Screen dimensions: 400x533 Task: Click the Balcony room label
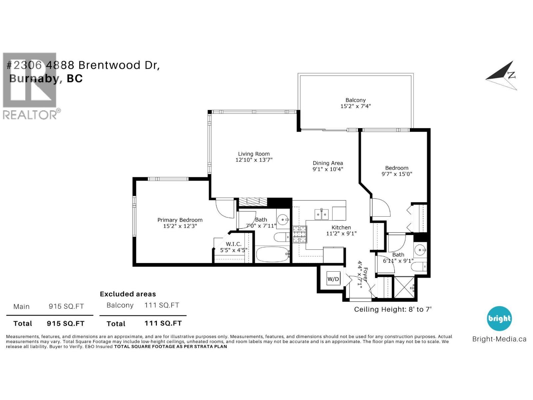355,100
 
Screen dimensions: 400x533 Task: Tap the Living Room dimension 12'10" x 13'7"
254,160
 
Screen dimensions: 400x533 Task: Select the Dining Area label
327,163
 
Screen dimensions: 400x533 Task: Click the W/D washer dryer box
333,279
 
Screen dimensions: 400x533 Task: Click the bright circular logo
499,318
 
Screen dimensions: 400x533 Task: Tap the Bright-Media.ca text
499,339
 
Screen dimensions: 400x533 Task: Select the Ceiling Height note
392,309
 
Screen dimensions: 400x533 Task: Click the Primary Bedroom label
180,220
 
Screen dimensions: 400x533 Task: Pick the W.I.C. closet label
234,244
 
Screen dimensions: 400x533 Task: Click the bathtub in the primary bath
272,255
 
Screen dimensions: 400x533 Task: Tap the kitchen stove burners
299,234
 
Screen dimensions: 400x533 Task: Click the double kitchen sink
322,214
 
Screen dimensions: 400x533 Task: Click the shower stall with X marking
404,287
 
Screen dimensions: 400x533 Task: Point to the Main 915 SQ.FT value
66,306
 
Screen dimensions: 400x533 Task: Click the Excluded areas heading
128,294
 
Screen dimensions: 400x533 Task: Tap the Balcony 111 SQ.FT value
162,305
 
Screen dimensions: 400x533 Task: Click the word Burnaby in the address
35,78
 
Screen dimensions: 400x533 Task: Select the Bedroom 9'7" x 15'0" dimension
396,174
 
